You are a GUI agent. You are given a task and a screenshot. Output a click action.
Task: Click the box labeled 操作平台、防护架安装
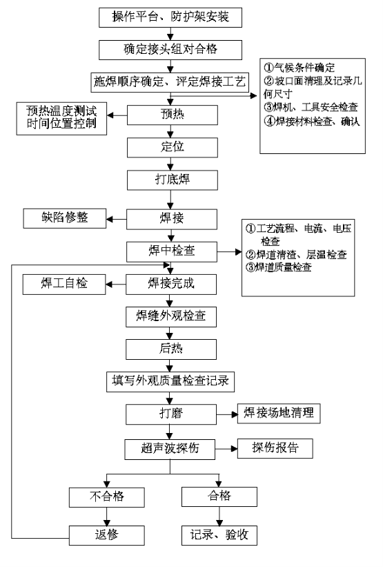point(170,17)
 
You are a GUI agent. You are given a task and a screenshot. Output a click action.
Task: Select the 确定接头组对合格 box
point(170,50)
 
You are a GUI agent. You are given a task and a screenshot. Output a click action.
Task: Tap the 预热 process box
point(173,115)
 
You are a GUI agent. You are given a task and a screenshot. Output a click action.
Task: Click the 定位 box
point(173,147)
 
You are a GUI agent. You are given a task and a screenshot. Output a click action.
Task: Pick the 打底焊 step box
point(173,180)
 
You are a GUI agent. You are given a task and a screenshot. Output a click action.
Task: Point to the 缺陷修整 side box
point(65,218)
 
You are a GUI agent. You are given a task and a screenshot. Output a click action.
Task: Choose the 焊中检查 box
point(172,251)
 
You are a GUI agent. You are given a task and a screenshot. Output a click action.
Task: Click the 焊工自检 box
point(64,285)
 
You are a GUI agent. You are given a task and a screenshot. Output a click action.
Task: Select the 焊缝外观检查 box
point(171,317)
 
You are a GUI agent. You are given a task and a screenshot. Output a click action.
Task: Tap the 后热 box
point(171,349)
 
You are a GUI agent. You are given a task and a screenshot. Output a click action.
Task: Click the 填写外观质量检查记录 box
point(170,382)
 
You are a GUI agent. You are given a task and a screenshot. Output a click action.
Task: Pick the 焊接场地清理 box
point(279,413)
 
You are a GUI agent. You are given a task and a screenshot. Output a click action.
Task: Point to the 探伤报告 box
point(275,448)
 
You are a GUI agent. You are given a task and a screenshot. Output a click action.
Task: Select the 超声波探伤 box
point(170,450)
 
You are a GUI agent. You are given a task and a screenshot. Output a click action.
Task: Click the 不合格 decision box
point(107,497)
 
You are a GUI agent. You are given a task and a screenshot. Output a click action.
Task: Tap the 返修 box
point(107,535)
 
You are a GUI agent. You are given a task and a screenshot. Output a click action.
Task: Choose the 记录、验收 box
point(219,535)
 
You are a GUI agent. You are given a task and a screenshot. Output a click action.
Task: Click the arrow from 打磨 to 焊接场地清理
point(227,414)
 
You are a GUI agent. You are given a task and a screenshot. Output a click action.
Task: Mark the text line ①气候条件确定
point(299,68)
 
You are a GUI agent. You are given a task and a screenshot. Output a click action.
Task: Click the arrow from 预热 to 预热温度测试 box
point(117,115)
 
